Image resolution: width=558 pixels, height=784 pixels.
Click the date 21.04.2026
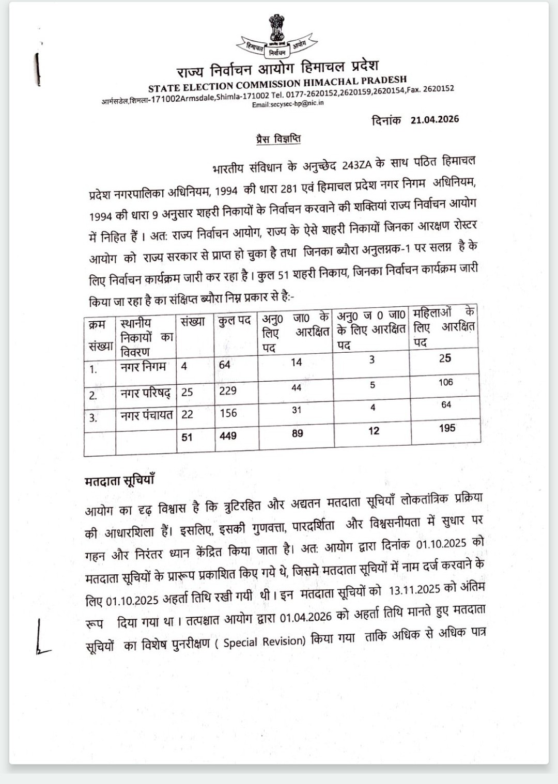(x=435, y=120)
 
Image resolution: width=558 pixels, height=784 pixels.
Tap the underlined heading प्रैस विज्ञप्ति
(x=278, y=138)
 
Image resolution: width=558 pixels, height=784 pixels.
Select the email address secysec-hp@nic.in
(x=288, y=104)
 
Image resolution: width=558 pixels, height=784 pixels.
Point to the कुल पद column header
(x=235, y=321)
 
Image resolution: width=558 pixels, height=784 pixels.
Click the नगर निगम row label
(x=143, y=367)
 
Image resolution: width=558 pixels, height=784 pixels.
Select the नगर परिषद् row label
(x=145, y=393)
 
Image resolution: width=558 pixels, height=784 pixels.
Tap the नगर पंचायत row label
(x=146, y=415)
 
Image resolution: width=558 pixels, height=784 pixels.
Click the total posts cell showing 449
(x=228, y=436)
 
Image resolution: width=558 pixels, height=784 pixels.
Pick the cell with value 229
(x=228, y=390)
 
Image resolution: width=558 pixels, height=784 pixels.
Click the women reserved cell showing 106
(x=445, y=382)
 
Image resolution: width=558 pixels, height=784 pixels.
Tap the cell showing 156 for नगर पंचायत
(x=228, y=413)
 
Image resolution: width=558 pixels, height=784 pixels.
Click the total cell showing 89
(x=297, y=433)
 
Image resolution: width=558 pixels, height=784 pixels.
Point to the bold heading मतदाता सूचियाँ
(x=119, y=480)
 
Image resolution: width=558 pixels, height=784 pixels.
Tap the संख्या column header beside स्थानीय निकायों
(x=193, y=322)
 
